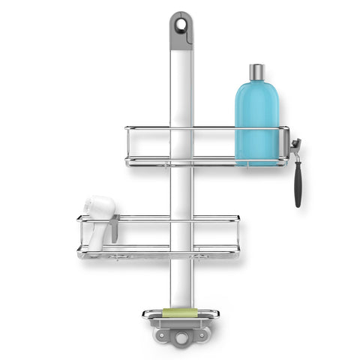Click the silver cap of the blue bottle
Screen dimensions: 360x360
[257, 73]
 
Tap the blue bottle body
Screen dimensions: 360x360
[256, 120]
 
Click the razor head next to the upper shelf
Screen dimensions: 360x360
[295, 145]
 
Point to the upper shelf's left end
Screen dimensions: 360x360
[128, 146]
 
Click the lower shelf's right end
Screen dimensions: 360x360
[238, 236]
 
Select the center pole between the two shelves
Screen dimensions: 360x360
[181, 191]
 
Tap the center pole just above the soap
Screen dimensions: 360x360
[181, 289]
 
